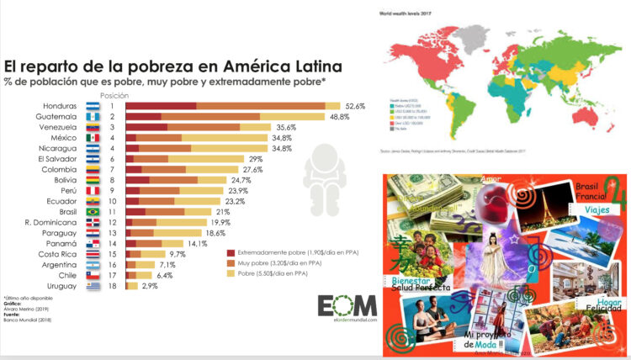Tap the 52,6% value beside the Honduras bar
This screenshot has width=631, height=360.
pyautogui.click(x=355, y=106)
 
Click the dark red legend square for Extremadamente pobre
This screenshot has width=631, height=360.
pyautogui.click(x=231, y=251)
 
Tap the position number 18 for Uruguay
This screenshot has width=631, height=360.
pyautogui.click(x=112, y=286)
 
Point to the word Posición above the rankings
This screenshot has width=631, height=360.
pyautogui.click(x=113, y=95)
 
